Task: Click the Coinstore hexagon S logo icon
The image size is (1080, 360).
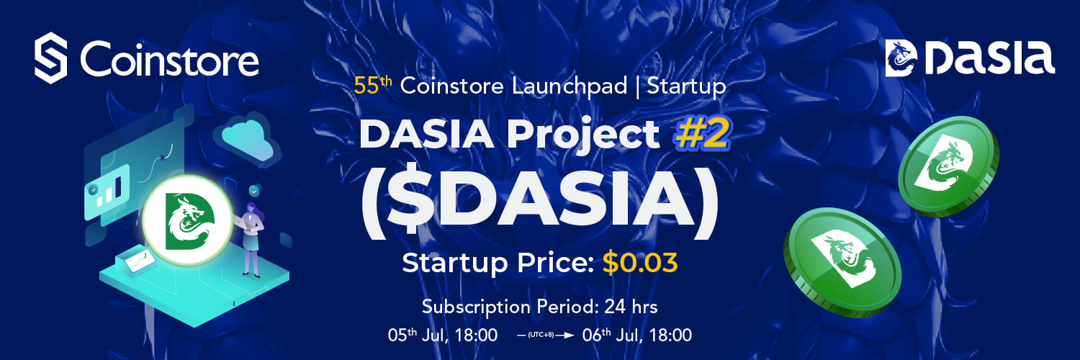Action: click(50, 58)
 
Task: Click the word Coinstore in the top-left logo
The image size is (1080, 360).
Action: click(169, 58)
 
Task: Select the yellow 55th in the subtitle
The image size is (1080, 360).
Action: click(373, 85)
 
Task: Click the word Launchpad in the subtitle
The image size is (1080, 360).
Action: click(570, 86)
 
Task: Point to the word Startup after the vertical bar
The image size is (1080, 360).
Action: click(686, 86)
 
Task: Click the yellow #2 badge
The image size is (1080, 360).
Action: click(702, 135)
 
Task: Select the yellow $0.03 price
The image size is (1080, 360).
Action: click(640, 263)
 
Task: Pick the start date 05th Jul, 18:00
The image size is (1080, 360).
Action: click(442, 335)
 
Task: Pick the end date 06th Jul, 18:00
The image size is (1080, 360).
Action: click(637, 335)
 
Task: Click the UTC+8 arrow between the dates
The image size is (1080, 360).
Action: click(545, 335)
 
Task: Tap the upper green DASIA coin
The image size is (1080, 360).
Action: click(948, 166)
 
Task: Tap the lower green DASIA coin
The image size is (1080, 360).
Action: click(842, 262)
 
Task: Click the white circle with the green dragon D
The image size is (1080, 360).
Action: click(187, 220)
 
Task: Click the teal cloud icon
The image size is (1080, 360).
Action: click(247, 138)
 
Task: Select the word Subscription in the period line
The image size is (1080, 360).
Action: click(476, 307)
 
